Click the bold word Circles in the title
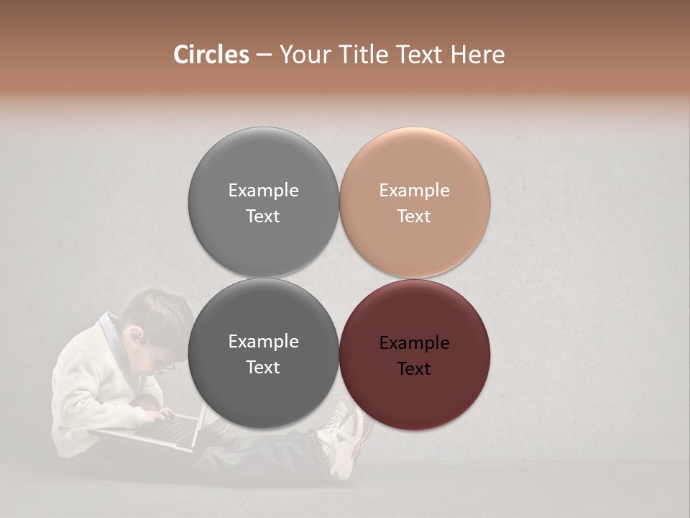coord(211,55)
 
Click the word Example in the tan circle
coord(415,191)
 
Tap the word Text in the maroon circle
coord(414,369)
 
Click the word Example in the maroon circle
coord(415,343)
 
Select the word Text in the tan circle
coord(414,217)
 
